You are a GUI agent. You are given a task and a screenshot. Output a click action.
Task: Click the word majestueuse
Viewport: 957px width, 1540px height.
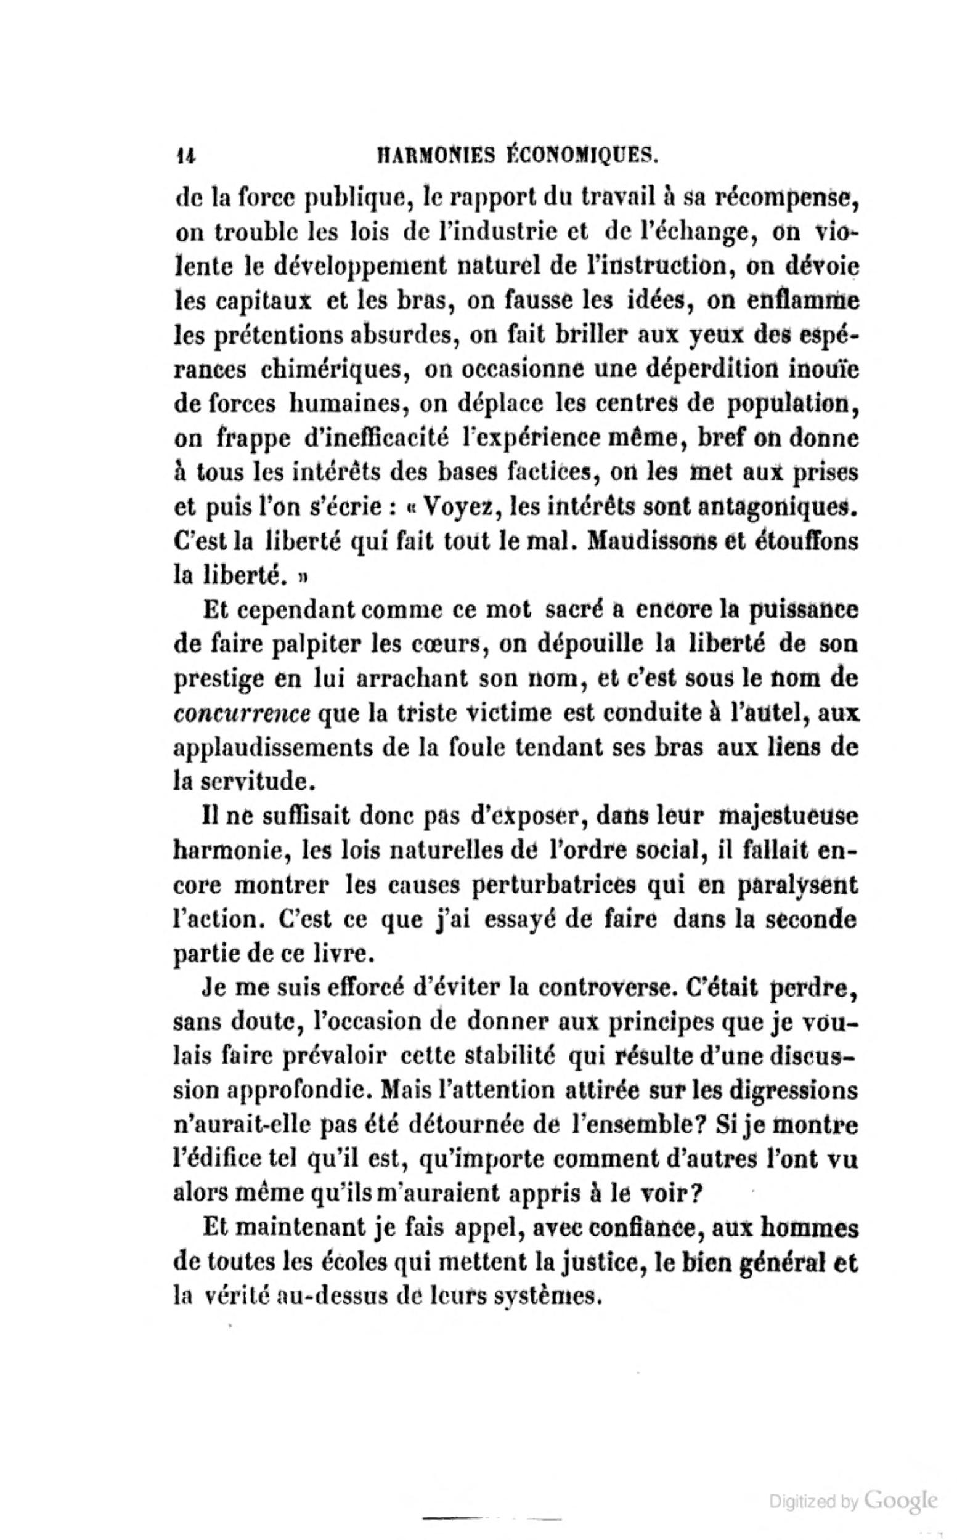(x=788, y=817)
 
